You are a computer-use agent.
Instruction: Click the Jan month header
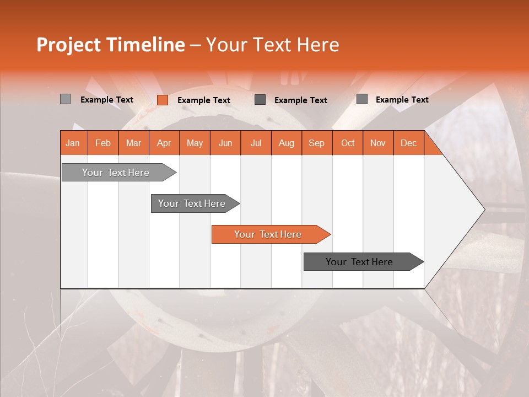coord(73,143)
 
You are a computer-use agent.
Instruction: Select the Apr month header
coord(164,143)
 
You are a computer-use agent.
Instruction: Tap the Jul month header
coord(256,143)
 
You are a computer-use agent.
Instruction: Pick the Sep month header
coord(316,143)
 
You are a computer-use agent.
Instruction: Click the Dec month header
coord(408,143)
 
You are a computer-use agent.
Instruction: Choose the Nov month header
coord(378,143)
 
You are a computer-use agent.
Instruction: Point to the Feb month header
coord(103,143)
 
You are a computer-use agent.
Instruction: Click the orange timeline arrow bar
coord(268,234)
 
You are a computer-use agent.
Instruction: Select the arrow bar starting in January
coord(116,173)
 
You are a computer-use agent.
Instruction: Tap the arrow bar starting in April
coord(192,203)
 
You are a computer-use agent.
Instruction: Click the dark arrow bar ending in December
coord(359,262)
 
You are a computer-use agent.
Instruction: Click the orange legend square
coord(162,100)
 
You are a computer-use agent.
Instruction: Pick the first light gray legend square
coord(65,99)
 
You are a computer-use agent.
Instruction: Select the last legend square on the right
coord(361,99)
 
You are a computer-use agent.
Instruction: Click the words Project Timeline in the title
coord(110,45)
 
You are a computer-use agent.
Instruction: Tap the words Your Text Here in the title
coord(273,45)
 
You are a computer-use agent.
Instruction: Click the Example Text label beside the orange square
coord(204,100)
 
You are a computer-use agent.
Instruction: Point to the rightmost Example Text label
coord(402,100)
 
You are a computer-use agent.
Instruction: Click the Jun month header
coord(225,143)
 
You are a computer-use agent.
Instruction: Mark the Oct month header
coord(348,143)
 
